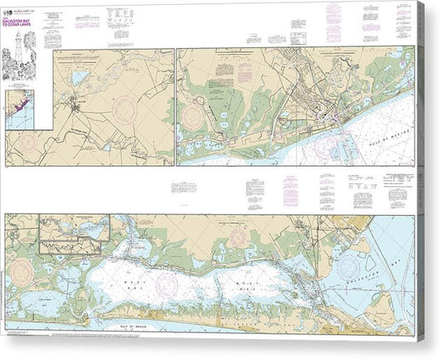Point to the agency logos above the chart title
coord(13,10)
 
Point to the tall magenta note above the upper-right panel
coord(334,20)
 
